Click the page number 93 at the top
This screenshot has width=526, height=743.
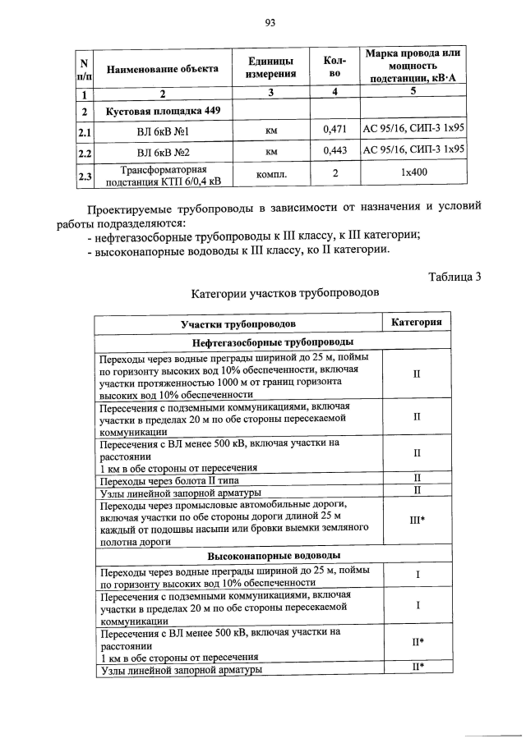pos(269,22)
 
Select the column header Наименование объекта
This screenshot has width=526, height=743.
pos(162,68)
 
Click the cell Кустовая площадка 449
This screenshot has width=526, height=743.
pos(158,110)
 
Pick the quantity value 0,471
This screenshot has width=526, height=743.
pos(335,130)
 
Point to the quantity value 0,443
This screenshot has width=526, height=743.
pos(335,151)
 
